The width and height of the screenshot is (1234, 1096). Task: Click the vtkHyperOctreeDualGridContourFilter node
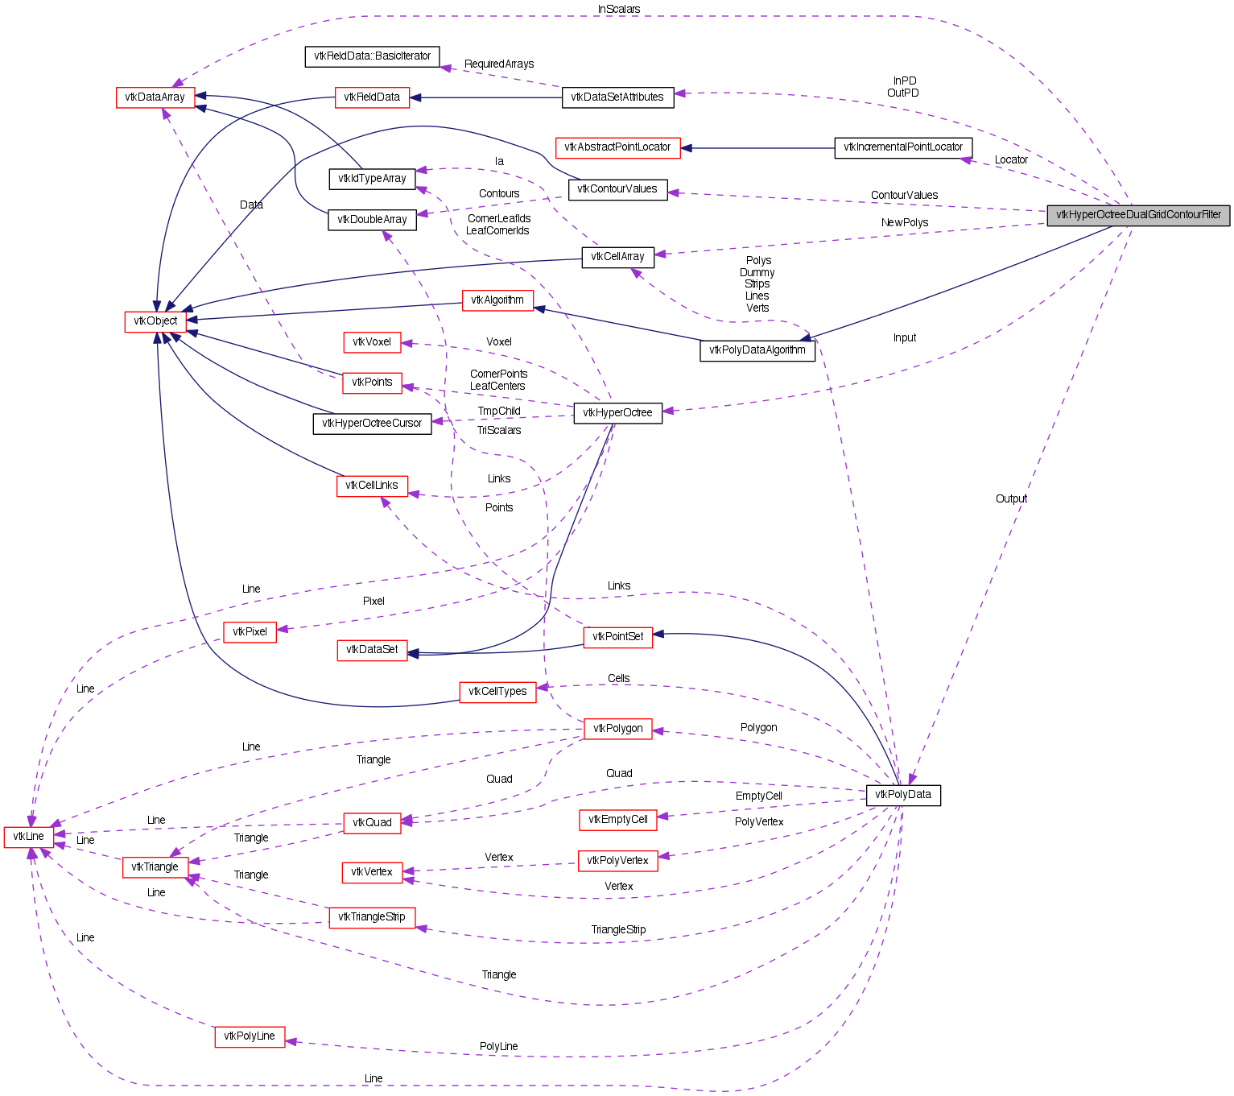(x=1138, y=215)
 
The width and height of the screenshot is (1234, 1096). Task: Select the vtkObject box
(x=155, y=321)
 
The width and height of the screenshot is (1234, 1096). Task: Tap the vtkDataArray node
(x=155, y=97)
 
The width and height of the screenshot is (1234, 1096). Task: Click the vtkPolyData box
(x=902, y=795)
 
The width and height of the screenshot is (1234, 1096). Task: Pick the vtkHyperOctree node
(x=617, y=413)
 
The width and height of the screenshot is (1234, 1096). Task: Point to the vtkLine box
(x=28, y=837)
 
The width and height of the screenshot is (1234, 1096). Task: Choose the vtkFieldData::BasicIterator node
(x=372, y=56)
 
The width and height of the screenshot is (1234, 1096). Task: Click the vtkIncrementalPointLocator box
(x=903, y=147)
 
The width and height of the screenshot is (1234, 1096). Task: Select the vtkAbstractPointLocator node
(x=617, y=147)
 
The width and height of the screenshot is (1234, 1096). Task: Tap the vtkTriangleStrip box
(x=372, y=917)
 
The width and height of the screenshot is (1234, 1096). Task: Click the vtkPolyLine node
(x=250, y=1036)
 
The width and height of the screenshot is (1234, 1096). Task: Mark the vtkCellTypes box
(x=497, y=692)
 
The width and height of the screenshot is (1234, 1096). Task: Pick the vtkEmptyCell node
(x=617, y=820)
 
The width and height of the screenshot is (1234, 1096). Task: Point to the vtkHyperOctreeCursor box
(x=372, y=424)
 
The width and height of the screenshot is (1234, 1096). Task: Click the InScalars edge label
(x=619, y=9)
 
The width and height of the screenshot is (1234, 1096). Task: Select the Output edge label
(x=1011, y=498)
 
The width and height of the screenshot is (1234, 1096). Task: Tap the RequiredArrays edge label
(x=499, y=64)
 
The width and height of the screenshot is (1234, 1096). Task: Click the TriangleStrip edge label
(x=618, y=929)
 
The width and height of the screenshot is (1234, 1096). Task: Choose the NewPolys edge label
(x=905, y=222)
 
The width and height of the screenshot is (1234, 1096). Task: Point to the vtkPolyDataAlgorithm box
(x=757, y=350)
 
